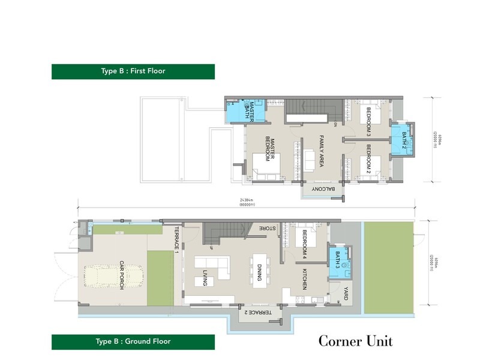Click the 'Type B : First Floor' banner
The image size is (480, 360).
(133, 71)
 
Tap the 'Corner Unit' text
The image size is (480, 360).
(355, 341)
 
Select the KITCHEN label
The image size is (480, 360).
(305, 278)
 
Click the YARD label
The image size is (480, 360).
(346, 294)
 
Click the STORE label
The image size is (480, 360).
(268, 229)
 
